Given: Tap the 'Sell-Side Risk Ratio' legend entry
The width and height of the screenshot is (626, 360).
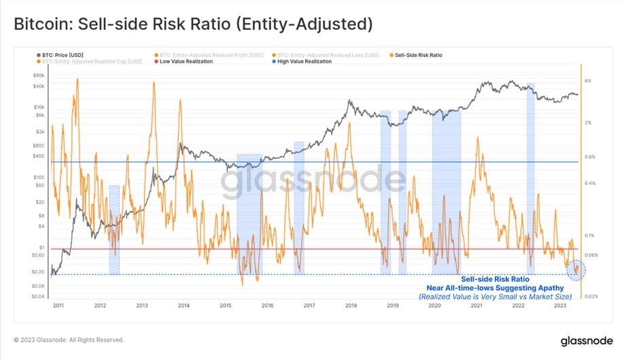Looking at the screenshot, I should (x=417, y=55).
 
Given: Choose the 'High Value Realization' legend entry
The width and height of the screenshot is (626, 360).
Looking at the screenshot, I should (x=305, y=62).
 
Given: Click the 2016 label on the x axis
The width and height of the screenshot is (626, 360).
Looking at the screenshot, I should (x=267, y=306).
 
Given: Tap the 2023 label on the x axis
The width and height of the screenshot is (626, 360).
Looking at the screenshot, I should (x=559, y=306).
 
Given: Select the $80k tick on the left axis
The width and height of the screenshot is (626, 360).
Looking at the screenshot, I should (x=38, y=77).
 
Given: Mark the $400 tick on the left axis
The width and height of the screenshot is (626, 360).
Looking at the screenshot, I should (x=38, y=156).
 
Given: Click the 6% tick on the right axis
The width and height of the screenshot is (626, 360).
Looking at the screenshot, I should (x=588, y=81).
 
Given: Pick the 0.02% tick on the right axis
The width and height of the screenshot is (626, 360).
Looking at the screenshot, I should (x=590, y=297).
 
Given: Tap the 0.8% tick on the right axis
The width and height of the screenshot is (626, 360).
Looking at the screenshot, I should (x=589, y=157).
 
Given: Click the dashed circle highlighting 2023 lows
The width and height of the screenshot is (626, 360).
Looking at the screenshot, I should (x=576, y=270).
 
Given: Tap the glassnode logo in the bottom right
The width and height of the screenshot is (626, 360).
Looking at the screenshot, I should (x=583, y=339).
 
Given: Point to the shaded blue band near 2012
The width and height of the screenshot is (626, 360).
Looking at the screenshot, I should (x=114, y=230).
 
